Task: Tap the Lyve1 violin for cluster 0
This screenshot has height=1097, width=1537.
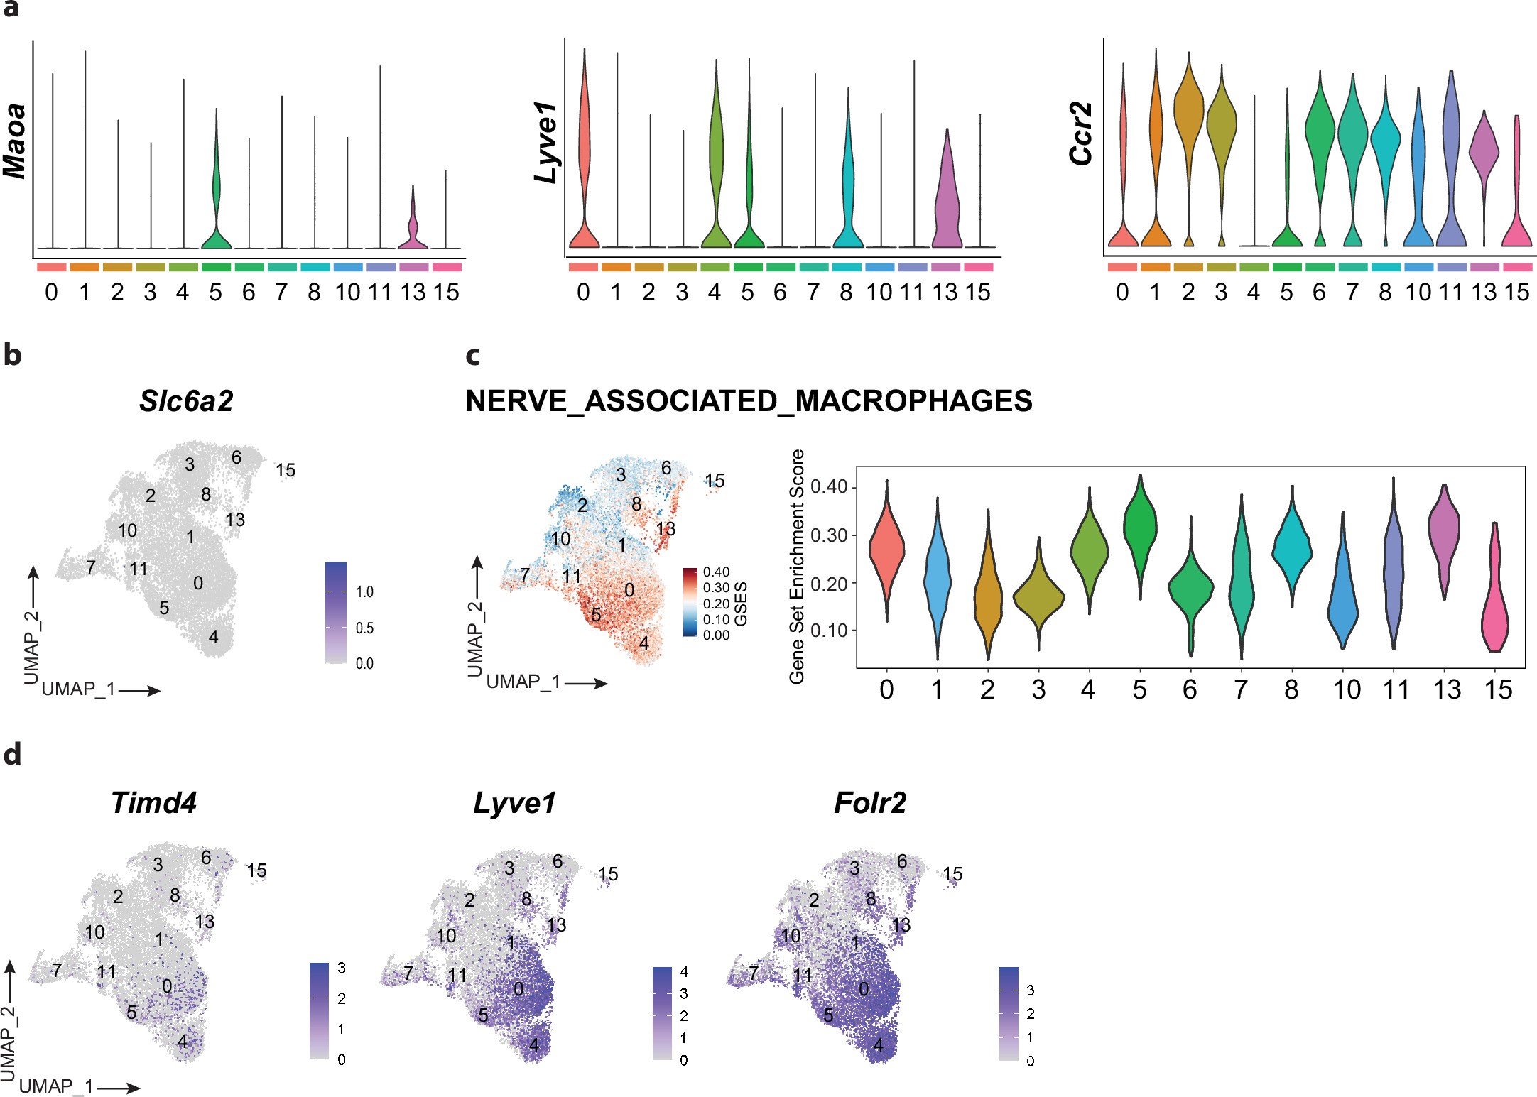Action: coord(584,142)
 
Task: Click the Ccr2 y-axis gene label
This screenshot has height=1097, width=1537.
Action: coord(1081,134)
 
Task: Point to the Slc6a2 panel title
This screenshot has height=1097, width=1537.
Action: coord(186,401)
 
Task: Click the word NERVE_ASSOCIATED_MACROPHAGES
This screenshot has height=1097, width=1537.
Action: coord(749,401)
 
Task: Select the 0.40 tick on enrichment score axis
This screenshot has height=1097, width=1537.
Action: coord(830,487)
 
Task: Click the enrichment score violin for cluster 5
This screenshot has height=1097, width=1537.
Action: coord(1140,525)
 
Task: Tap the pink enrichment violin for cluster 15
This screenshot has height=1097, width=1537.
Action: coord(1495,604)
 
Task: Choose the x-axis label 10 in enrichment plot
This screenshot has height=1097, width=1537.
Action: coord(1347,689)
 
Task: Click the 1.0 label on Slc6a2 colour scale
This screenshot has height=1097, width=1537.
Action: coord(364,592)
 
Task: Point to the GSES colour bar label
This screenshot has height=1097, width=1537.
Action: coord(741,604)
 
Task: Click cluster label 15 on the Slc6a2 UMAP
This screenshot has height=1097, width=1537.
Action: coord(286,470)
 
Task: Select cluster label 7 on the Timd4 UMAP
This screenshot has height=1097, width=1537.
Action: coord(57,970)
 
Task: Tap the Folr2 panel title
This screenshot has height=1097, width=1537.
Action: coord(869,803)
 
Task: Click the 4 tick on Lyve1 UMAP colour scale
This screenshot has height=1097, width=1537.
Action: coord(684,971)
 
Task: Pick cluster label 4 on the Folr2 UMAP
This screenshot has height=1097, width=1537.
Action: coord(879,1045)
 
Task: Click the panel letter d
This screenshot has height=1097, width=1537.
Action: coord(12,755)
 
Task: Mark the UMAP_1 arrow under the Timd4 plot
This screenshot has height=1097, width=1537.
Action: coord(118,1087)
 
